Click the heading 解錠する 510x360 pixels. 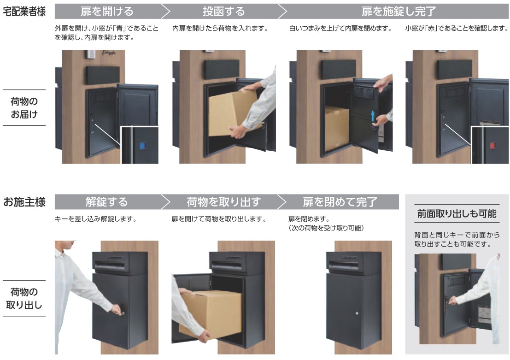[106, 202]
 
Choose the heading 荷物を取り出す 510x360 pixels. [223, 202]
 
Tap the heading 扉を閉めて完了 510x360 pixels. [340, 202]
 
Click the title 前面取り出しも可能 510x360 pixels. [457, 213]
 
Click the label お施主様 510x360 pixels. [24, 202]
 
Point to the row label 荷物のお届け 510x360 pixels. [24, 107]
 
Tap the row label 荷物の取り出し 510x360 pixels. [24, 298]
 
